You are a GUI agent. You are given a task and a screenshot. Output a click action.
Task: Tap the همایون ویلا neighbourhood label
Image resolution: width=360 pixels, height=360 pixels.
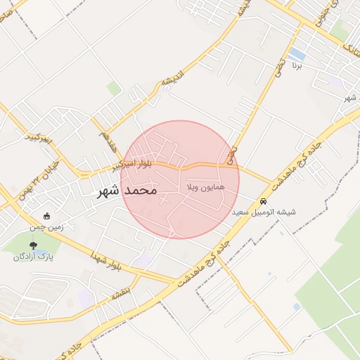[206, 190]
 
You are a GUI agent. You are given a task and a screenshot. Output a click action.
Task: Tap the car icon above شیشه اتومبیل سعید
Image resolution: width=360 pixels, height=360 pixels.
[264, 201]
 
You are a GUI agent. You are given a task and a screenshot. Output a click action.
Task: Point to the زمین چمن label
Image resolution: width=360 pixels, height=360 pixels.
[46, 227]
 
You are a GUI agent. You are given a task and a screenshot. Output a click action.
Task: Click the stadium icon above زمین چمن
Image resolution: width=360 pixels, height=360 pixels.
[47, 217]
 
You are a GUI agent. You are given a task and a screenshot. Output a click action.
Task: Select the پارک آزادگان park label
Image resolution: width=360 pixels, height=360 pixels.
[33, 257]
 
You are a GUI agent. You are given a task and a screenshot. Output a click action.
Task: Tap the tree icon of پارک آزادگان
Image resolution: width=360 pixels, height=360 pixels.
[33, 245]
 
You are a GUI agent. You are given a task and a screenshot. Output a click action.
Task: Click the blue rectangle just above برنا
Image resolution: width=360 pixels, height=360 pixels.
[297, 53]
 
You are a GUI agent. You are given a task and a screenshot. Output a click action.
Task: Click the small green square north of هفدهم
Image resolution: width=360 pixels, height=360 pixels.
[113, 88]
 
